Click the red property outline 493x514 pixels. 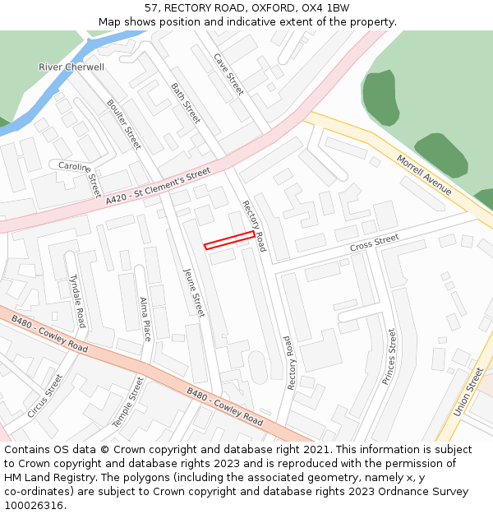click(229, 240)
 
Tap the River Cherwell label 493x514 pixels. click(71, 67)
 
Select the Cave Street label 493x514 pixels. click(229, 74)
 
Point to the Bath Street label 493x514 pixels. click(186, 103)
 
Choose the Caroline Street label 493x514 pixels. click(79, 174)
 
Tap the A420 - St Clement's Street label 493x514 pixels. click(158, 188)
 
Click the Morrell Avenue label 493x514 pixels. click(424, 174)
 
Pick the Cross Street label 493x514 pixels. click(374, 243)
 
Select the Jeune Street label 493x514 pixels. click(194, 293)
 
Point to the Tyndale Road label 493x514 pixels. click(77, 300)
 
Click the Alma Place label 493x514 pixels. click(145, 319)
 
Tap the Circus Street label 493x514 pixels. click(44, 396)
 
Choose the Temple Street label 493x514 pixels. click(128, 401)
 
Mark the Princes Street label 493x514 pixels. click(389, 357)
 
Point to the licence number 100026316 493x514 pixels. click(34, 505)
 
